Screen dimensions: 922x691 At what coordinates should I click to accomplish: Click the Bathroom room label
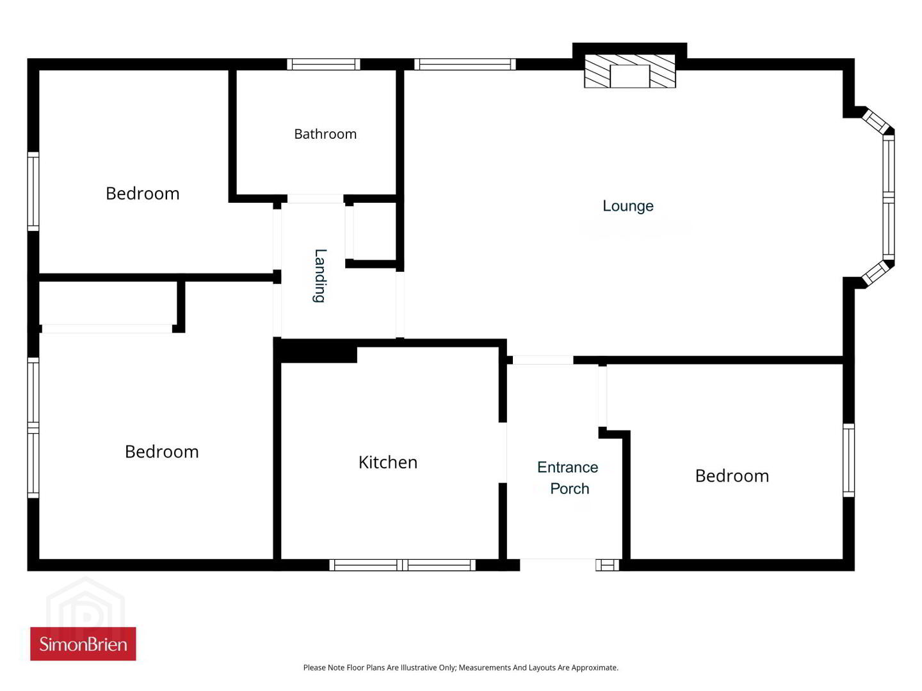(x=325, y=134)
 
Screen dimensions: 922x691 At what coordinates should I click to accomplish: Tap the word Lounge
(x=628, y=206)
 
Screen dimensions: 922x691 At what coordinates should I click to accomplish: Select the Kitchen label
(x=388, y=463)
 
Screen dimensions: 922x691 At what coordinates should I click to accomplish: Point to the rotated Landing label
(x=320, y=276)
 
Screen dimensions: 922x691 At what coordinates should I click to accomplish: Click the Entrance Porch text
(x=568, y=478)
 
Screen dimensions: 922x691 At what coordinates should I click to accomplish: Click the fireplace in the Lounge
(x=629, y=71)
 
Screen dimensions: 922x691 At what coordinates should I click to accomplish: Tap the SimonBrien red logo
(x=83, y=644)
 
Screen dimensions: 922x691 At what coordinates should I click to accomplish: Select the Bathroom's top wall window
(x=323, y=64)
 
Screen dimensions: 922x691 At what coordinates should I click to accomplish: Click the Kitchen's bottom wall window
(x=402, y=565)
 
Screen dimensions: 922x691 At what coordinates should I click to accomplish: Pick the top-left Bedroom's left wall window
(x=33, y=191)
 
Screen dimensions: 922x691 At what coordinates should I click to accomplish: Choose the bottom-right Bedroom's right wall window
(x=848, y=460)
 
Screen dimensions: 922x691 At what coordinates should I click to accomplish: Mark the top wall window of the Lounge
(x=465, y=64)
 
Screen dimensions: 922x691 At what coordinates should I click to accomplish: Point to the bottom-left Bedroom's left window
(x=33, y=428)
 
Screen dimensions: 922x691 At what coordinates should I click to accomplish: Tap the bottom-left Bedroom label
(x=162, y=452)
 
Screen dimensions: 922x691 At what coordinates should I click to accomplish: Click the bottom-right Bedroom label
(x=732, y=476)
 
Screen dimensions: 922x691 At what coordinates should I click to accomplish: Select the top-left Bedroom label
(x=142, y=194)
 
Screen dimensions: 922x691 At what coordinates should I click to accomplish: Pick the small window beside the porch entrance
(x=608, y=565)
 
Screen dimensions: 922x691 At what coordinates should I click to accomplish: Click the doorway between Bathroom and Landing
(x=315, y=199)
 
